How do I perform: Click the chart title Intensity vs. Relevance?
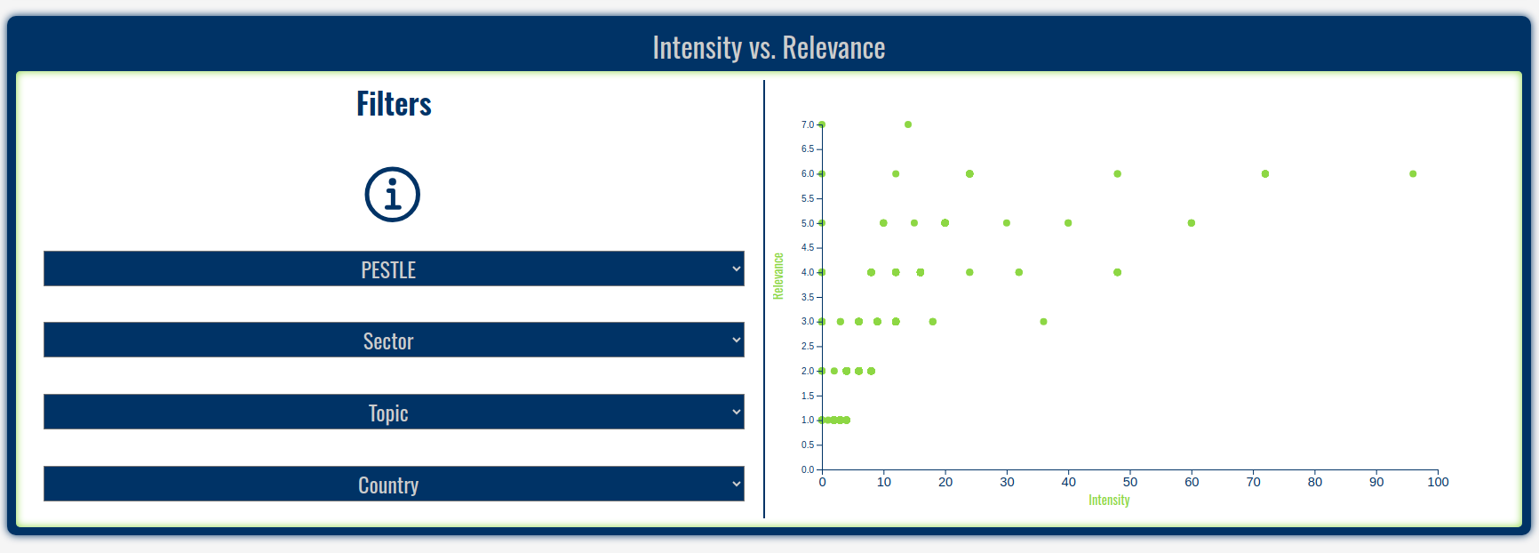pyautogui.click(x=769, y=48)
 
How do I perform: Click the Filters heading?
pyautogui.click(x=394, y=104)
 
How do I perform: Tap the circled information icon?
pyautogui.click(x=392, y=195)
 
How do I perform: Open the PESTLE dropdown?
pyautogui.click(x=394, y=268)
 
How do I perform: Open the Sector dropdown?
pyautogui.click(x=394, y=340)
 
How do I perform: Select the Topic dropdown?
pyautogui.click(x=394, y=412)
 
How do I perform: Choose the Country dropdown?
pyautogui.click(x=394, y=484)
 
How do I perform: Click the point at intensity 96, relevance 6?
pyautogui.click(x=1413, y=174)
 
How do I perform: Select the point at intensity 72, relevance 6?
pyautogui.click(x=1265, y=174)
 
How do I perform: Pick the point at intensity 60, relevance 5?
pyautogui.click(x=1192, y=223)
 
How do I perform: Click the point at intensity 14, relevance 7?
pyautogui.click(x=908, y=124)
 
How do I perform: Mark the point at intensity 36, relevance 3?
pyautogui.click(x=1043, y=322)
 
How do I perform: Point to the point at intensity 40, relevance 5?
pyautogui.click(x=1068, y=223)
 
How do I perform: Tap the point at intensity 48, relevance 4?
pyautogui.click(x=1117, y=272)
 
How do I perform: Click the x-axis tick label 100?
pyautogui.click(x=1438, y=482)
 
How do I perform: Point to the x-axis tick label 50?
pyautogui.click(x=1130, y=482)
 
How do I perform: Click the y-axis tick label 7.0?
pyautogui.click(x=807, y=124)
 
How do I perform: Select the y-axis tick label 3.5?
pyautogui.click(x=807, y=297)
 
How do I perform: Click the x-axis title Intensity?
pyautogui.click(x=1109, y=501)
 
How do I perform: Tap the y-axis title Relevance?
pyautogui.click(x=778, y=276)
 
